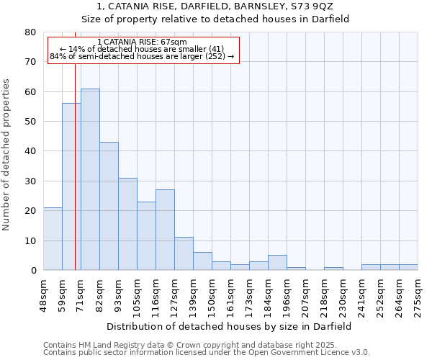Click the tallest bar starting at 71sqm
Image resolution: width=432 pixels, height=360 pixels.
coord(90,179)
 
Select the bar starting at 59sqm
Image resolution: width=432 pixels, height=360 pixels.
coord(71,186)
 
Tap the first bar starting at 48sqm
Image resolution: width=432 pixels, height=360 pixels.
coord(53,238)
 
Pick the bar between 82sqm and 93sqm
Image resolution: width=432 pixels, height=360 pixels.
coord(109,206)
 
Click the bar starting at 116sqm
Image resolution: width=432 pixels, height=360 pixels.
coord(165,230)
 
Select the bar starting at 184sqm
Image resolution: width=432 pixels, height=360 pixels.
coord(277,263)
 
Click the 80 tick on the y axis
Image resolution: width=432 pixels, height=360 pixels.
coord(30,32)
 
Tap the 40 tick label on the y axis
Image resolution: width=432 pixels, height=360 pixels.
coord(30,151)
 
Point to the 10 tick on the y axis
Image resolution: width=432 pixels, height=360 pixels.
coord(30,240)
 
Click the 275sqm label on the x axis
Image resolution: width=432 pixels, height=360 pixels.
coord(418,295)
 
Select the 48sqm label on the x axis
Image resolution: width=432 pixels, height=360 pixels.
coord(44,295)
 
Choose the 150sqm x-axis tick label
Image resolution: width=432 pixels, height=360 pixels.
coord(212,295)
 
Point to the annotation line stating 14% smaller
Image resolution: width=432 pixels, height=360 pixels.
coord(143,49)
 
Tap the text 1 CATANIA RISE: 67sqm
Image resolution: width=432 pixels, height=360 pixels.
coord(142,42)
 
